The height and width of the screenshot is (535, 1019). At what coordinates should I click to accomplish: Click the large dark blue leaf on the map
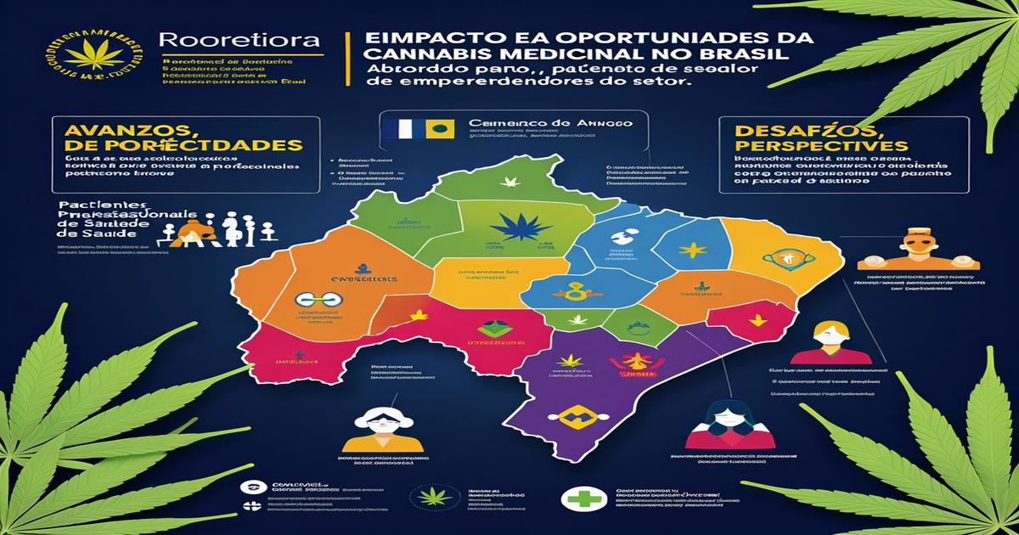click(519, 226)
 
